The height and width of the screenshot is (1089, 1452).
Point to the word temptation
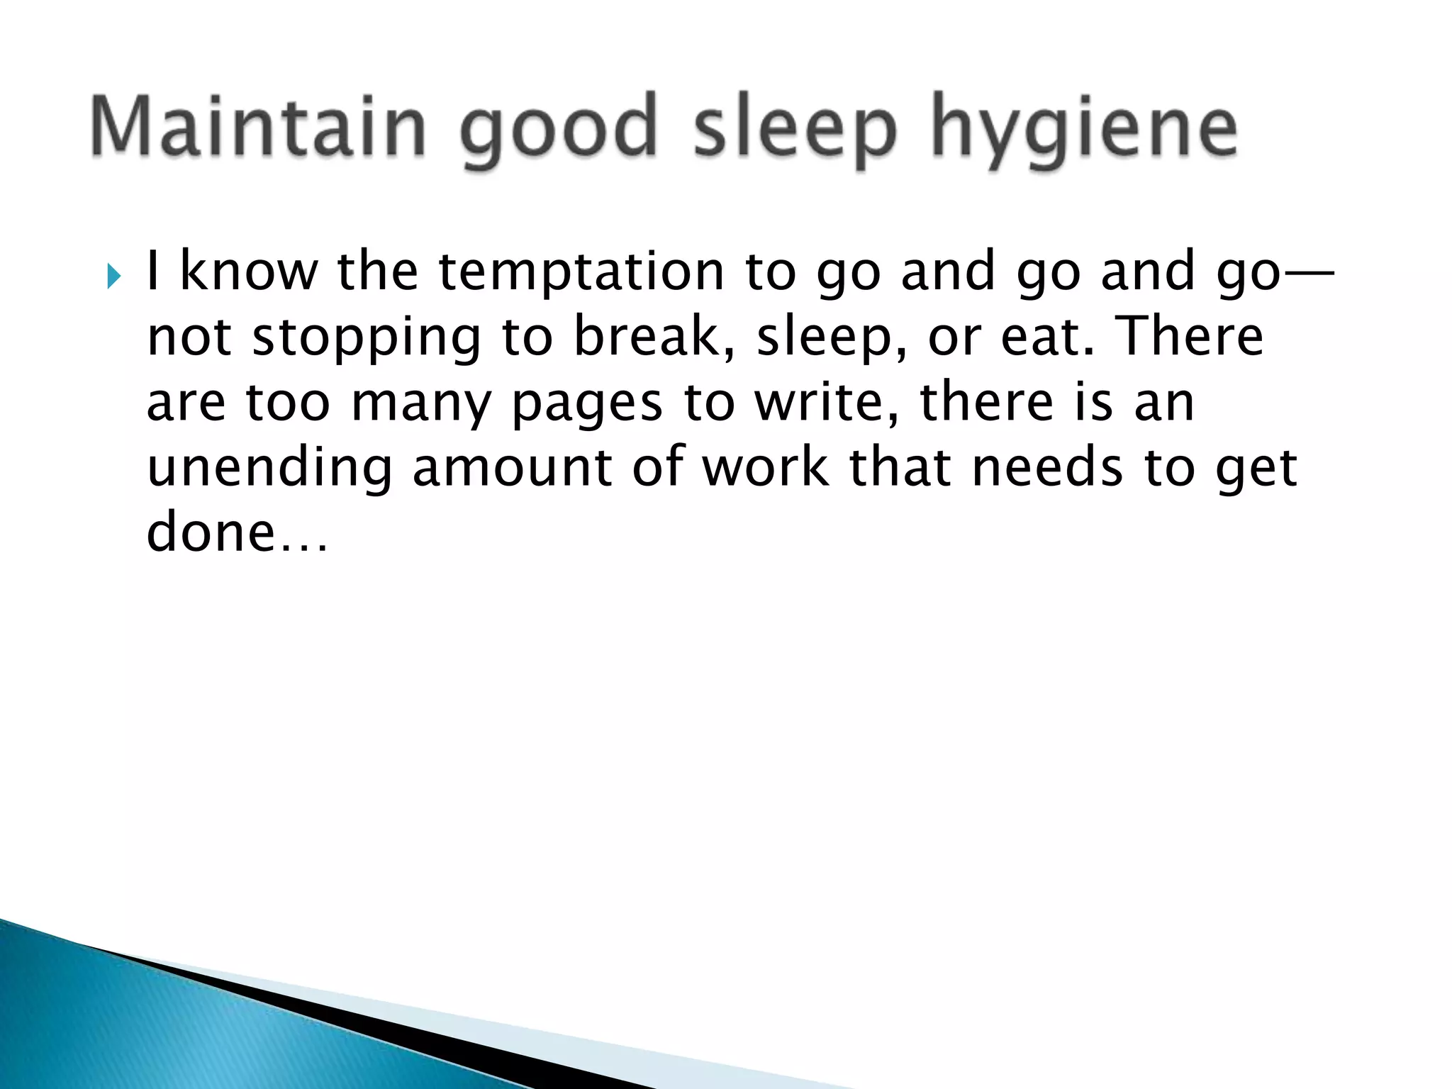click(581, 273)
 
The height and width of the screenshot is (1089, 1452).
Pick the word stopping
click(367, 338)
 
